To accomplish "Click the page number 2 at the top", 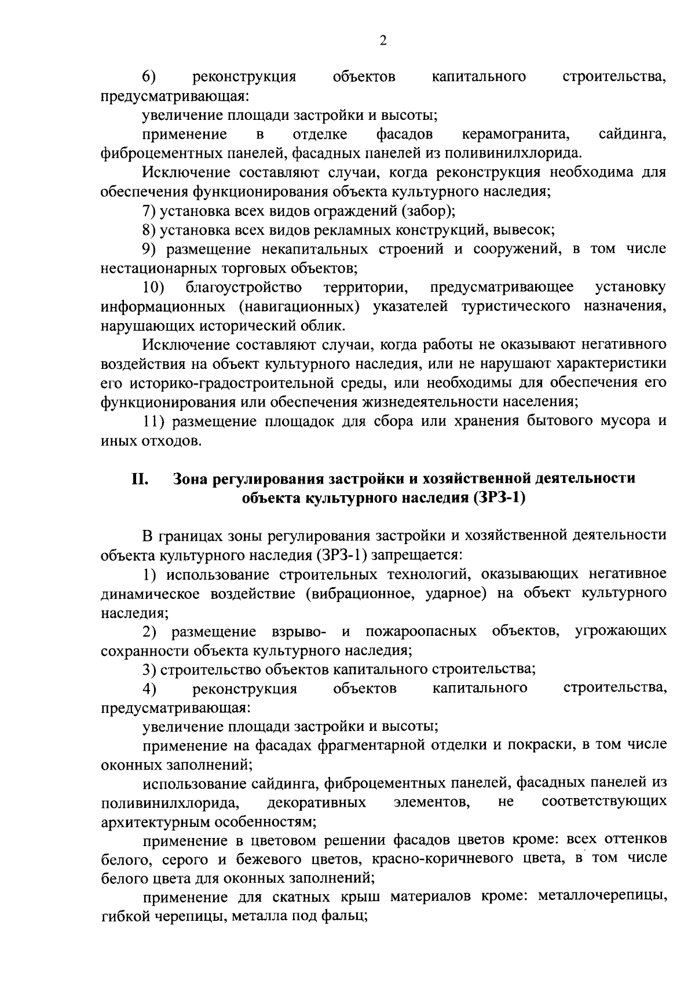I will (382, 40).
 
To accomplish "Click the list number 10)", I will (153, 287).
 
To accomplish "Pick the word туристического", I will (511, 306).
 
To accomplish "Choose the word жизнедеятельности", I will (434, 401).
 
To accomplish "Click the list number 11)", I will (155, 420).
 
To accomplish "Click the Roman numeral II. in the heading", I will (141, 479).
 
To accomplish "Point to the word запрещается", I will (416, 555).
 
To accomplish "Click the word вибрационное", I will (361, 593).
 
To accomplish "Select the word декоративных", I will (317, 802).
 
